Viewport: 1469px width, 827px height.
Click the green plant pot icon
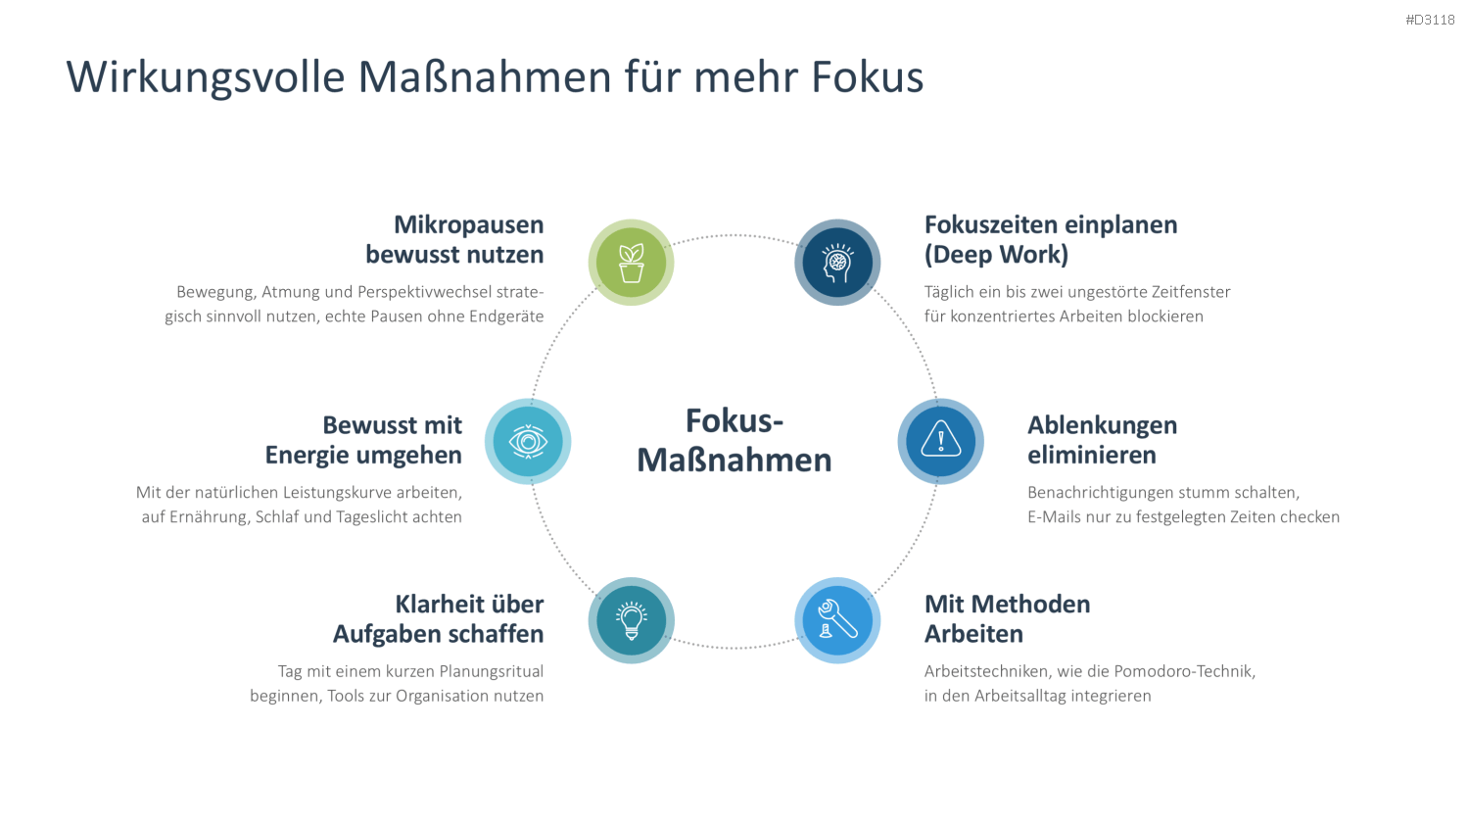631,263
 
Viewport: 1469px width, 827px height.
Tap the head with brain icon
837,263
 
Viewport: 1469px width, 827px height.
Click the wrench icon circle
837,620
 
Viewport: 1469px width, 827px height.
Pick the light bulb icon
631,620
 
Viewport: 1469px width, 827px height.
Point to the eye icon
528,441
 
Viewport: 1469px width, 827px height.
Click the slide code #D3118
1430,20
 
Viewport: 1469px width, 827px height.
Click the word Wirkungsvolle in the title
206,77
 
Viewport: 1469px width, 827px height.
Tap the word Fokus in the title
867,76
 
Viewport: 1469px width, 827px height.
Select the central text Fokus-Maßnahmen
734,440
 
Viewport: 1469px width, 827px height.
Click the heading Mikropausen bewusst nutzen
454,239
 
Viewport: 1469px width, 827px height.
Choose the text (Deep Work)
996,254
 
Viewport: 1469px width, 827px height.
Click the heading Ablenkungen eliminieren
1103,439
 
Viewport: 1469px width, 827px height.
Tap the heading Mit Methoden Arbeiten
1008,618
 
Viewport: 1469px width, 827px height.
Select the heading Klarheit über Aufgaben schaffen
438,618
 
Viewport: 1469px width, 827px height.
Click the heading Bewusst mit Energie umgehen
363,439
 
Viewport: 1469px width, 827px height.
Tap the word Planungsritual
492,671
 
